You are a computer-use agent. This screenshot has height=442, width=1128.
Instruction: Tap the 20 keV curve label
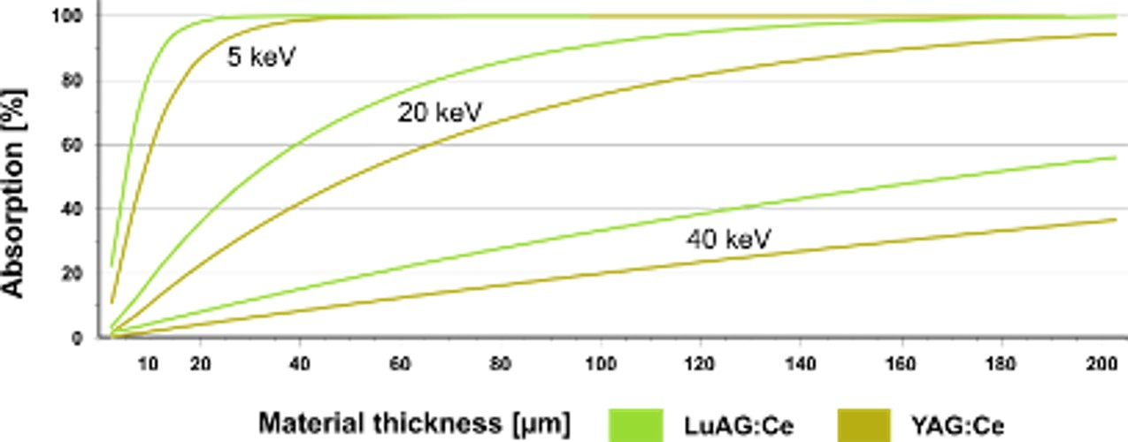click(440, 113)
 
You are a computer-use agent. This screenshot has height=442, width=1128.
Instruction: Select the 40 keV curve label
click(728, 239)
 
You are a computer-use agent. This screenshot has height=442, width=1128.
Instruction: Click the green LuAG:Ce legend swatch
click(636, 424)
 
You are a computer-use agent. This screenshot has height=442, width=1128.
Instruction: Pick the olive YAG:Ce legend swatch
click(859, 424)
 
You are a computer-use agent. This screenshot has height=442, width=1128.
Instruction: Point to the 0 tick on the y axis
click(78, 338)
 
